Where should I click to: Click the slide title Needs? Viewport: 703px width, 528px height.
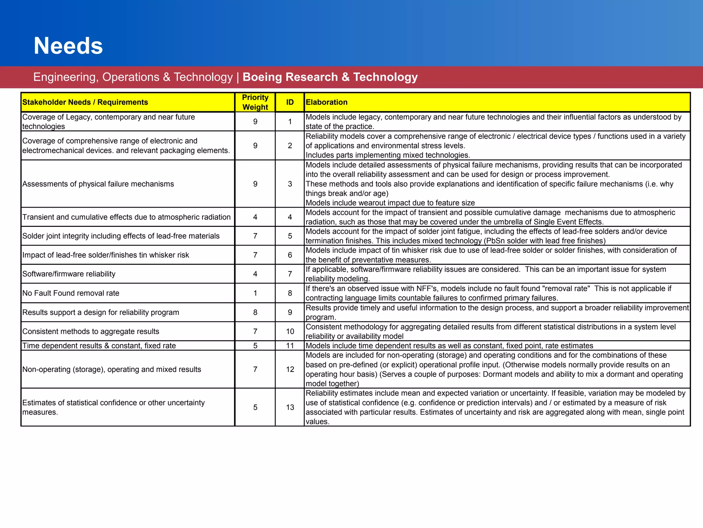click(x=68, y=46)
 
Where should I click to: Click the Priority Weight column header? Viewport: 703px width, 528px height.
click(x=255, y=102)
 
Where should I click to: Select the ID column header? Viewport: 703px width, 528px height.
click(x=290, y=102)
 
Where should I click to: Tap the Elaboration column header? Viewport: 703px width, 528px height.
click(x=326, y=102)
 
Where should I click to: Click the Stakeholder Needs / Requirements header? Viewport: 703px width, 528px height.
click(x=85, y=102)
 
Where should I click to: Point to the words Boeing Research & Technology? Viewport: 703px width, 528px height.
click(x=330, y=77)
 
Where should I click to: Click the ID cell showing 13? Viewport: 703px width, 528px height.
click(x=290, y=407)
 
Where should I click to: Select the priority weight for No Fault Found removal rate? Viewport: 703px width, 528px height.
click(x=255, y=293)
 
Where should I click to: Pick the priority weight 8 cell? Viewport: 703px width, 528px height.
click(x=255, y=312)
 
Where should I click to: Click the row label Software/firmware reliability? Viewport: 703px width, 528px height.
click(x=69, y=274)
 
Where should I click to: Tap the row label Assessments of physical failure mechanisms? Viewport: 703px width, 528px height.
click(x=98, y=184)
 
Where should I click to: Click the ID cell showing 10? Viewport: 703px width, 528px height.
click(x=290, y=331)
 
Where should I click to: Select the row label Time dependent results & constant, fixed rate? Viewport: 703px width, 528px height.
click(x=99, y=346)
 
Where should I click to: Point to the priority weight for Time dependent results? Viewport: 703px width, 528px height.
click(x=255, y=346)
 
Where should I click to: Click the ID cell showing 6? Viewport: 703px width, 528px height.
click(x=290, y=255)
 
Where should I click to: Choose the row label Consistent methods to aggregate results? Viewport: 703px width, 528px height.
click(x=91, y=331)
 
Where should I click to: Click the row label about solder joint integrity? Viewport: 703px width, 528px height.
click(x=121, y=236)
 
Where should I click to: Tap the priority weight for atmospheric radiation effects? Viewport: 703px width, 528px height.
click(x=255, y=217)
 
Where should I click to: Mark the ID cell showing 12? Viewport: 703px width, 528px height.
click(x=290, y=370)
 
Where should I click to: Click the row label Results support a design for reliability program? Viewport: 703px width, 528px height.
click(x=101, y=312)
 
